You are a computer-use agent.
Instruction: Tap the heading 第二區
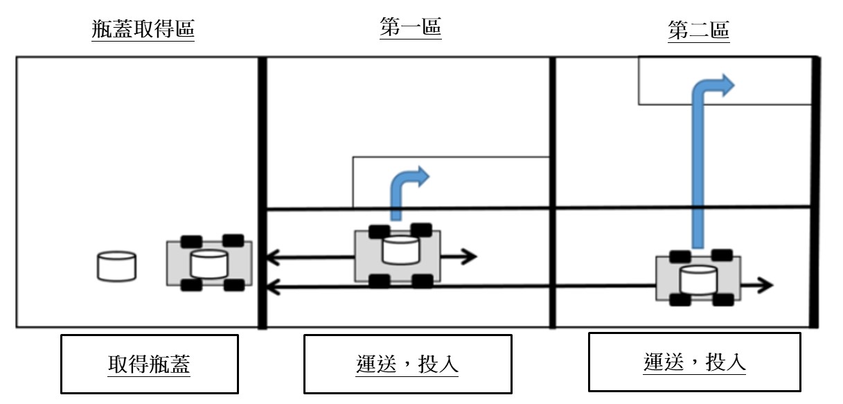(x=698, y=30)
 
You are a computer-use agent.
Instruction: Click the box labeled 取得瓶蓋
(x=149, y=364)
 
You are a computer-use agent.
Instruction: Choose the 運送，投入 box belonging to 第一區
(x=407, y=364)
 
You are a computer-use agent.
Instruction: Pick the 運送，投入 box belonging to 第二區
(x=694, y=362)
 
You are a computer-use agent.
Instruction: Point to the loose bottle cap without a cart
(x=116, y=267)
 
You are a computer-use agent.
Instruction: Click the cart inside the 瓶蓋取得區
(x=209, y=263)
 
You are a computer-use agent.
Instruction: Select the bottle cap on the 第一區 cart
(x=400, y=250)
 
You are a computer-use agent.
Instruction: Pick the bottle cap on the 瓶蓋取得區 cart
(x=209, y=265)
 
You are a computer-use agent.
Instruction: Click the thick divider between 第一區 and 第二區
(x=552, y=192)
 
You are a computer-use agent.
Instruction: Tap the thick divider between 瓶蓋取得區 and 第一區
(x=262, y=192)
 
